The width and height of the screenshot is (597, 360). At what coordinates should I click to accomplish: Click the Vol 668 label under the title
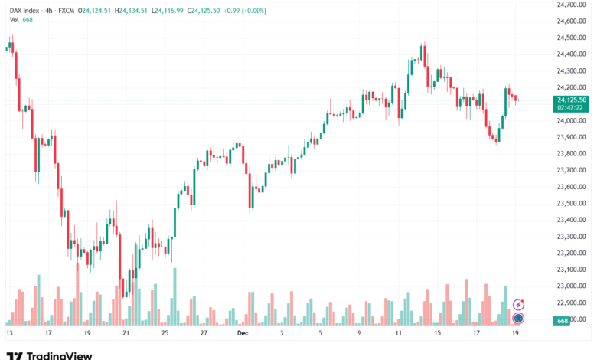pyautogui.click(x=17, y=19)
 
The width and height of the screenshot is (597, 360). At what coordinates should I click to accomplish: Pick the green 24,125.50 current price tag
pyautogui.click(x=572, y=100)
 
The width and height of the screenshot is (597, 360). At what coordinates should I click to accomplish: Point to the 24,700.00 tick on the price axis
pyautogui.click(x=572, y=5)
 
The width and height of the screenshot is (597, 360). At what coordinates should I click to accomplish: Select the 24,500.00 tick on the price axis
pyautogui.click(x=572, y=38)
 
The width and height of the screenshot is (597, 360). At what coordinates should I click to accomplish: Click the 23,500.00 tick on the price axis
pyautogui.click(x=572, y=203)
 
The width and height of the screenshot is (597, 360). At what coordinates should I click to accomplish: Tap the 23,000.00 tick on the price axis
pyautogui.click(x=572, y=286)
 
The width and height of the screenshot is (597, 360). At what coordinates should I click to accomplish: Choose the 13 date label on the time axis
pyautogui.click(x=9, y=334)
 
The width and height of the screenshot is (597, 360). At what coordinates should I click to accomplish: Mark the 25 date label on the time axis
pyautogui.click(x=165, y=334)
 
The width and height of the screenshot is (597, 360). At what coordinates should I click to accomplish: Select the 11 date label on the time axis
pyautogui.click(x=399, y=334)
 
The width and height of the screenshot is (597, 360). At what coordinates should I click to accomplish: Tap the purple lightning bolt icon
pyautogui.click(x=518, y=304)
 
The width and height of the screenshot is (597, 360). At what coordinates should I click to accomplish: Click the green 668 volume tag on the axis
pyautogui.click(x=563, y=319)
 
